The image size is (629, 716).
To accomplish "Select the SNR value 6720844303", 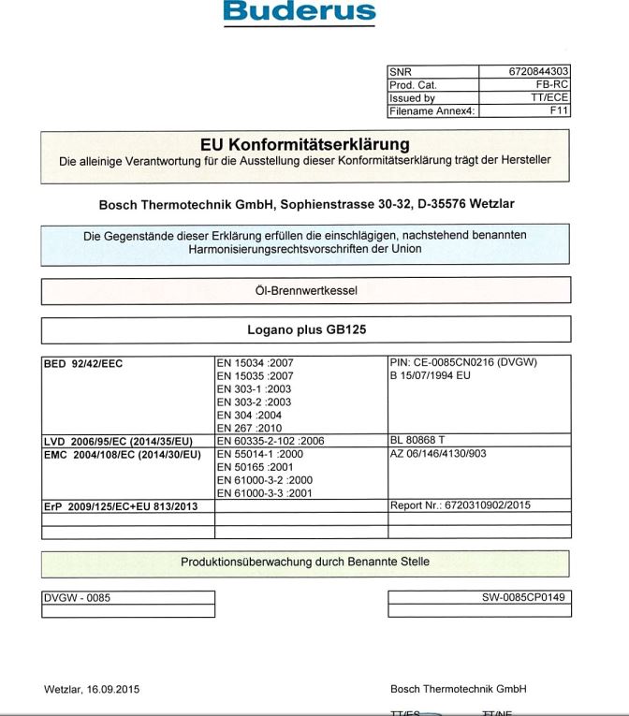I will coord(538,71).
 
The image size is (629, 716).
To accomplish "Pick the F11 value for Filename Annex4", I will coord(559,110).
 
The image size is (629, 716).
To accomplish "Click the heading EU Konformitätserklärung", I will coord(305,144).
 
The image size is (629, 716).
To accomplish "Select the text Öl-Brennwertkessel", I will coord(305,290).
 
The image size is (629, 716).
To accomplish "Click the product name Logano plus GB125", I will coord(305,329).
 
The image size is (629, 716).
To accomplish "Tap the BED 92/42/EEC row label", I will coord(83,362).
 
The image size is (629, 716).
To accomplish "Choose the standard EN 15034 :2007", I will coord(255,362).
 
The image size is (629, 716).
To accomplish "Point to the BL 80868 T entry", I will coord(418,441).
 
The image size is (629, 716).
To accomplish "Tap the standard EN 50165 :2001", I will coord(254,467).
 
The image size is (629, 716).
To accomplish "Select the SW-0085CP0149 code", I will coord(523,597).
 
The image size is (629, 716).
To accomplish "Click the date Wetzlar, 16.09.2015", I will coord(92,690).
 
